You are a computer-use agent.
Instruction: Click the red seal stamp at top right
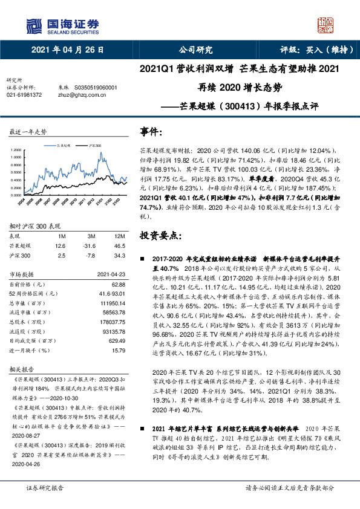coord(325,24)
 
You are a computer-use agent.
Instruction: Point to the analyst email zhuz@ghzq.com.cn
coord(79,95)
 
